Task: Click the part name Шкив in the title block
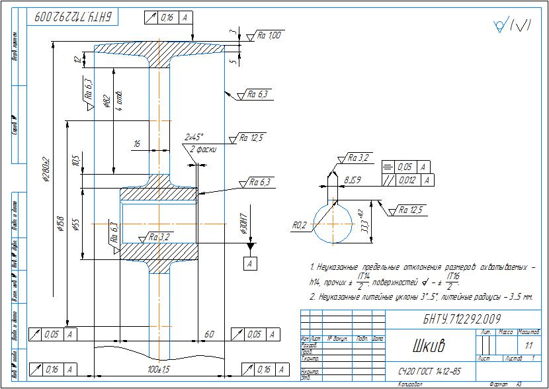428,346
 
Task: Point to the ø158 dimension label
60,224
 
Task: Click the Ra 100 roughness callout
269,35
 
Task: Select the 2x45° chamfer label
194,138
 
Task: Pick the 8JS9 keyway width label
352,179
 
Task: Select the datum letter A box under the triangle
250,264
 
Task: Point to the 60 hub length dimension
210,335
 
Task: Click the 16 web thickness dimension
137,144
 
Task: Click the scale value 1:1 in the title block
528,345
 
